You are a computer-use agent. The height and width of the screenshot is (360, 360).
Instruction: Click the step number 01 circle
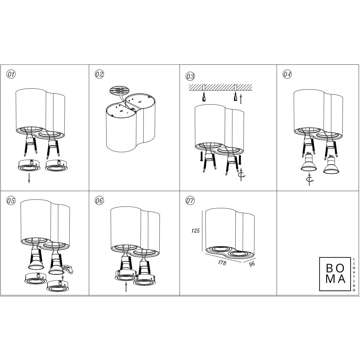(11, 74)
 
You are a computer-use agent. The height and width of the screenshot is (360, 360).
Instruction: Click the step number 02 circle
(99, 74)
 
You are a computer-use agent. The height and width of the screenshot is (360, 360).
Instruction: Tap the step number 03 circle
(190, 76)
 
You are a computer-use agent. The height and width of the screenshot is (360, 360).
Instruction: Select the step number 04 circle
(287, 74)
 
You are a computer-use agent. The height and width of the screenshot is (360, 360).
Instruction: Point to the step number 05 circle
(11, 200)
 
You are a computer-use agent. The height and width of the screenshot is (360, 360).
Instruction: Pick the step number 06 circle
(99, 200)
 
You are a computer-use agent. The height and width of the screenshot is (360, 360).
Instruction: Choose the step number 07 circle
(190, 200)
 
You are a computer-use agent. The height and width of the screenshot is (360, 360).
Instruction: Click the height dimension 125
(195, 231)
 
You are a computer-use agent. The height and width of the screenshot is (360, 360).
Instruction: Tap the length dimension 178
(222, 263)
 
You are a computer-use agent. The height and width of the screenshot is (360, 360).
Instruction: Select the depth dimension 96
(252, 264)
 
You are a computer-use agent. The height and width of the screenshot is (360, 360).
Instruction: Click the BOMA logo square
(335, 274)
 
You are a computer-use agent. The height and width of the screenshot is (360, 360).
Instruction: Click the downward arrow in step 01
(29, 178)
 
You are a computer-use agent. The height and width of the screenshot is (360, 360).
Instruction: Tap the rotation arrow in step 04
(310, 180)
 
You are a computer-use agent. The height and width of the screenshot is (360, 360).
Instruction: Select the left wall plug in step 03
(203, 97)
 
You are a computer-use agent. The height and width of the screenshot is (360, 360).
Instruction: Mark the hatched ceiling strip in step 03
(220, 87)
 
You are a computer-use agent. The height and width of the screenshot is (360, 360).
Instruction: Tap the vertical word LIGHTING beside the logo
(354, 274)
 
